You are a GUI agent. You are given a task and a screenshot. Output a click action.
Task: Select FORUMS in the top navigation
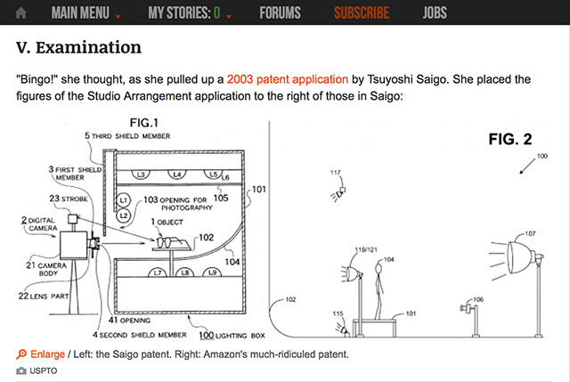click(280, 12)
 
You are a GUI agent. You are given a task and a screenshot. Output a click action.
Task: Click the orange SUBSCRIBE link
click(361, 12)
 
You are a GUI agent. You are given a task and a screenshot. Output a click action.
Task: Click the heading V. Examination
click(79, 45)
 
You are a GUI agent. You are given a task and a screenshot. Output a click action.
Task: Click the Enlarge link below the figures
click(47, 354)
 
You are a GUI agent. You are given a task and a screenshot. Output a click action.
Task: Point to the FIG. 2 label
click(509, 139)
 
